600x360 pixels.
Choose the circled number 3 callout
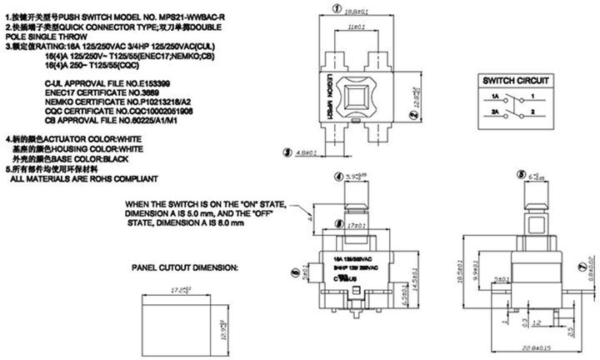[x=287, y=152]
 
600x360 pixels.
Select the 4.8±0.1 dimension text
[x=310, y=152]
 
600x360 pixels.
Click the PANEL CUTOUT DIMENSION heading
[x=185, y=268]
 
